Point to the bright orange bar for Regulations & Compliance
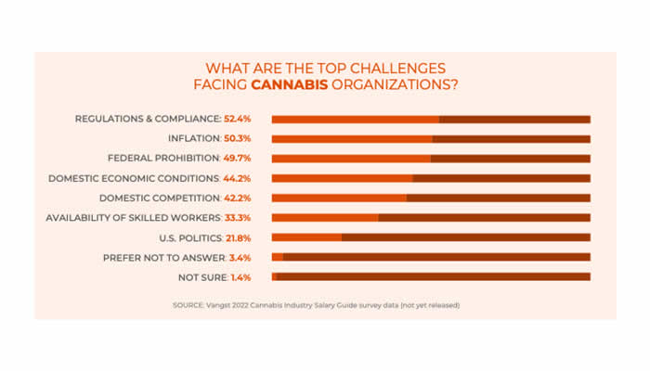coord(356,119)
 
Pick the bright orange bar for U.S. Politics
coord(306,237)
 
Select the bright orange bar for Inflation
coord(352,138)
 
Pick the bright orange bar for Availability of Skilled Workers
coord(325,217)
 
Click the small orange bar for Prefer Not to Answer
coord(278,257)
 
